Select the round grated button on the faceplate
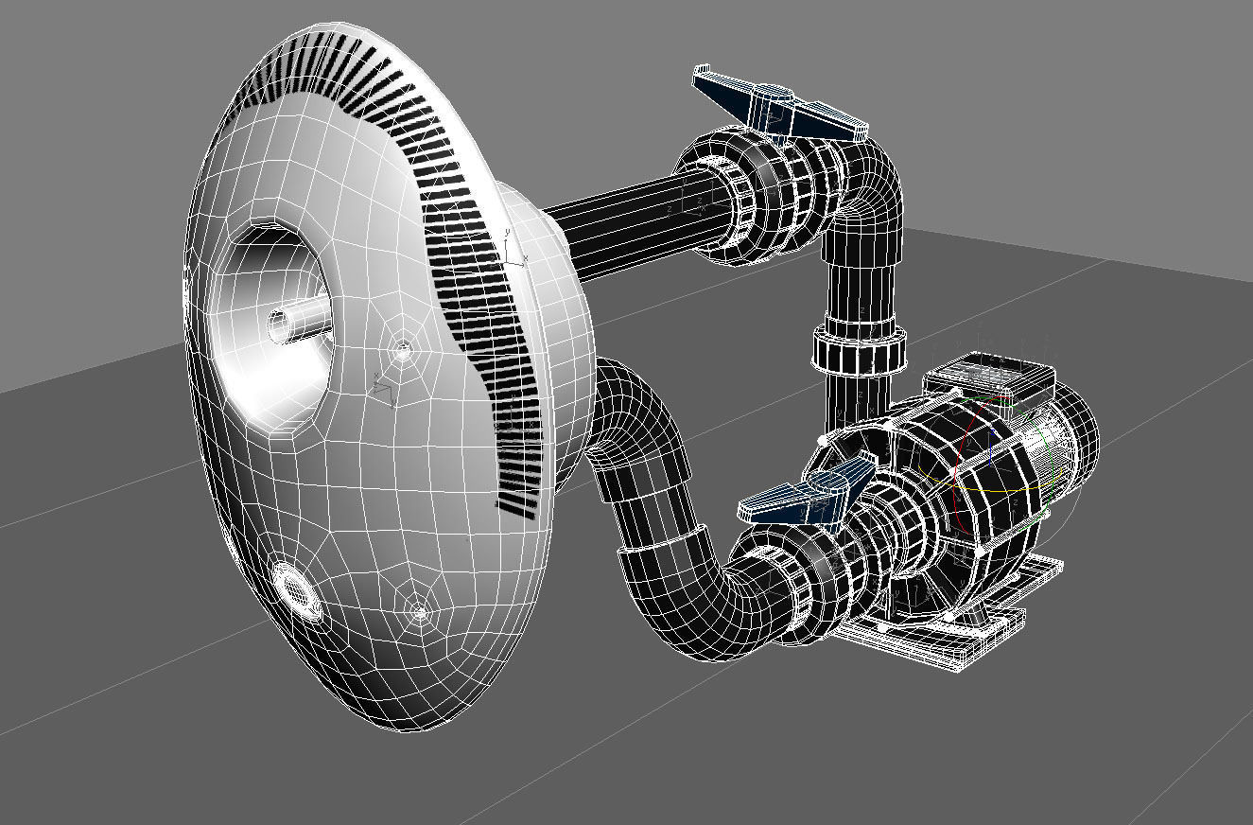coord(297,588)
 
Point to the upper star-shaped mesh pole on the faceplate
coord(403,351)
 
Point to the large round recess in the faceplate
coord(270,322)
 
